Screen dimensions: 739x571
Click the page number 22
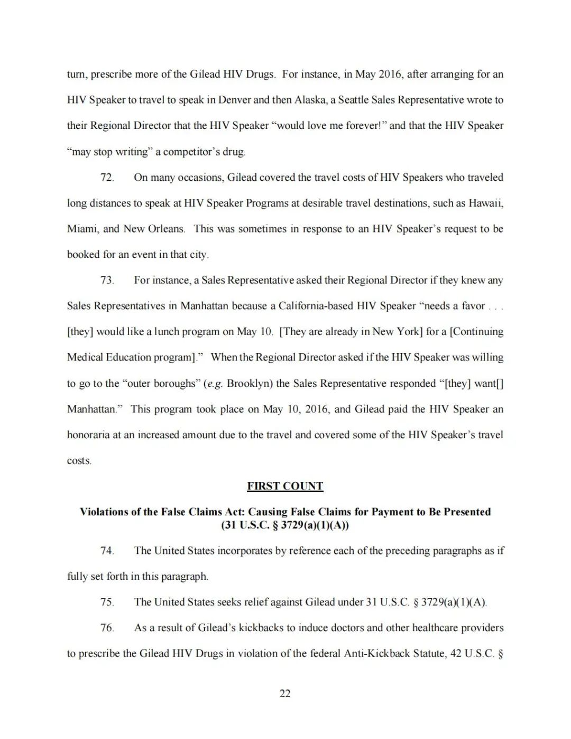pos(285,694)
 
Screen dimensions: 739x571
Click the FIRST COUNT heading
pos(285,486)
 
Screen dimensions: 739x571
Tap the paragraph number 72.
pos(107,178)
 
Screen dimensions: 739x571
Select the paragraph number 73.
pos(107,280)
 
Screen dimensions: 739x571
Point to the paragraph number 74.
pos(107,551)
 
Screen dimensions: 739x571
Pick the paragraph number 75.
pos(107,602)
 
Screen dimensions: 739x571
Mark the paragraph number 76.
pos(107,628)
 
